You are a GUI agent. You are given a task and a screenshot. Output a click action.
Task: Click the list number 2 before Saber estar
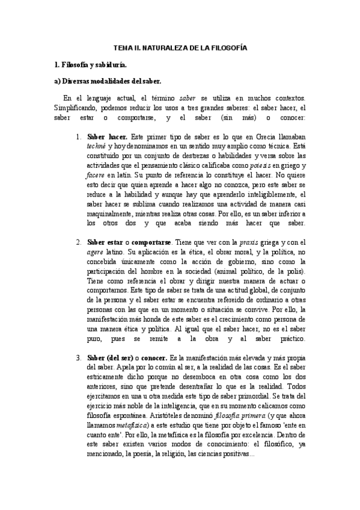click(79, 242)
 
